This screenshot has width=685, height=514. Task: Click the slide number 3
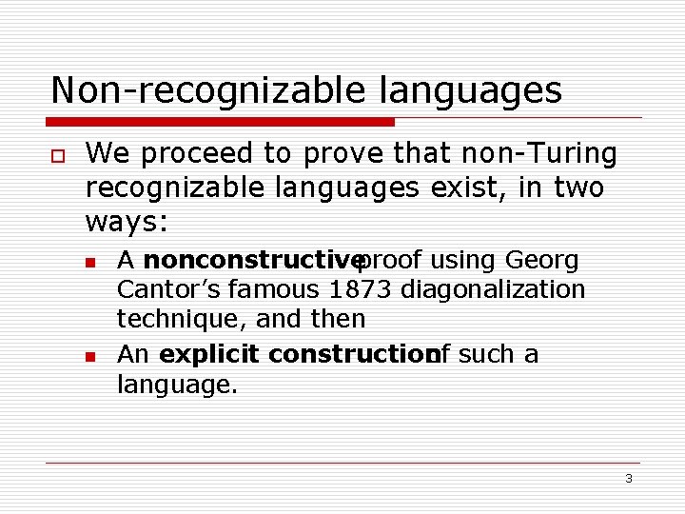629,479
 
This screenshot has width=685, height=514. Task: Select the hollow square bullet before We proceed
58,155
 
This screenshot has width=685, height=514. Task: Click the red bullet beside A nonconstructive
91,261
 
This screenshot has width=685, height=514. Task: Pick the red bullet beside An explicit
91,356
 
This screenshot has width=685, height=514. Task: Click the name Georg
542,260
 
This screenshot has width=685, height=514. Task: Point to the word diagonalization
493,289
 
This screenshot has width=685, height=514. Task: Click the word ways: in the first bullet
127,223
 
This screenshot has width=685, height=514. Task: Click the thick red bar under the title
222,122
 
